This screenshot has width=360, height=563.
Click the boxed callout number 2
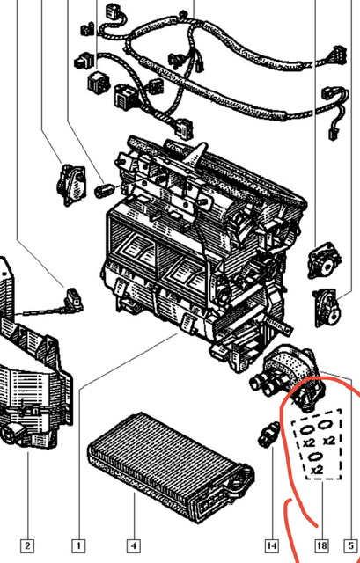tap(27, 546)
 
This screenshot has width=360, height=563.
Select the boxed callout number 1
tap(78, 546)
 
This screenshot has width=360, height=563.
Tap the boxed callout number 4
tap(134, 546)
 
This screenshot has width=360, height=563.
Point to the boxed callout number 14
tap(272, 546)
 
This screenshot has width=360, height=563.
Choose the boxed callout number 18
tap(322, 546)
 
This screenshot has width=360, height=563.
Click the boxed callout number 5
tap(351, 546)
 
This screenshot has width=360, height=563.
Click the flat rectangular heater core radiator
tap(171, 467)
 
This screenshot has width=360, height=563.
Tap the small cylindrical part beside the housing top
tap(104, 190)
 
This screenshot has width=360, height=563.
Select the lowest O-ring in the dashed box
tap(316, 457)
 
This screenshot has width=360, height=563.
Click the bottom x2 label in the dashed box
tap(317, 470)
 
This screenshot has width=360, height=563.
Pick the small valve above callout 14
tap(268, 434)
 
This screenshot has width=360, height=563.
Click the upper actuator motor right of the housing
tap(324, 260)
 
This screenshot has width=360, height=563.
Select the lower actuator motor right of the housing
tap(327, 308)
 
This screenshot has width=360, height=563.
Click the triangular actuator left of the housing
tap(72, 185)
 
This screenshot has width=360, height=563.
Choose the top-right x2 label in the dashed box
tap(329, 440)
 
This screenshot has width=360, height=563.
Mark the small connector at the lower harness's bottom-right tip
tap(332, 135)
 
